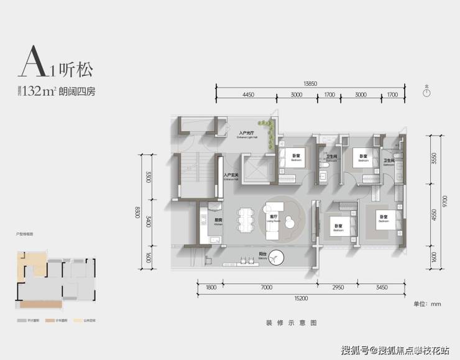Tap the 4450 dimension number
tap(248, 95)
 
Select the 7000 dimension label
tap(266, 288)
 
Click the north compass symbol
tap(426, 93)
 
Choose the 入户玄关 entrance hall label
tap(232, 176)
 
